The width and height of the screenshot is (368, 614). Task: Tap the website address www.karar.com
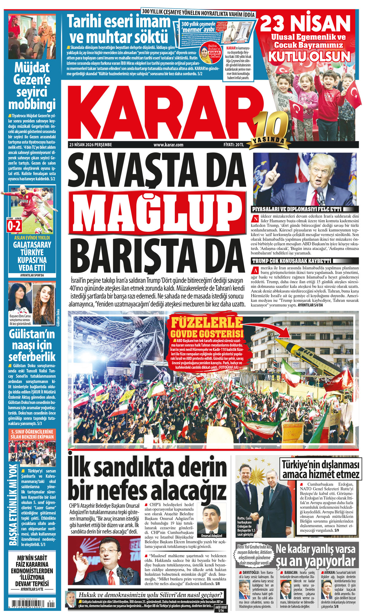pos(168,145)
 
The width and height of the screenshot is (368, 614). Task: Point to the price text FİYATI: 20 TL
pos(233,145)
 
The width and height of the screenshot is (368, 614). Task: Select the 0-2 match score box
pos(14,226)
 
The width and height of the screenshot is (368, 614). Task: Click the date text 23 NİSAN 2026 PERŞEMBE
pos(90,145)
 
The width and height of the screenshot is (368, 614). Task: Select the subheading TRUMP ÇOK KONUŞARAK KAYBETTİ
pos(292,261)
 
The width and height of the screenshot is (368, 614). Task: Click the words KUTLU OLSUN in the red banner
pos(309,57)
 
